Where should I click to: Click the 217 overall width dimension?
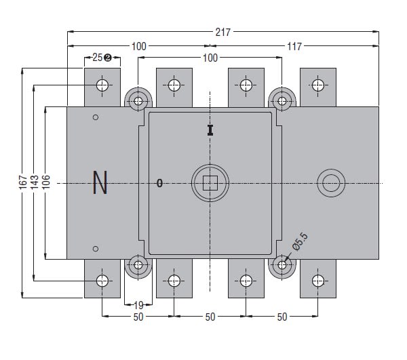223,31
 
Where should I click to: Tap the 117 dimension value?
294,46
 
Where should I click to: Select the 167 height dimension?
23,182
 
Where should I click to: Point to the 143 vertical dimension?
35,182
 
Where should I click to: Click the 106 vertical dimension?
46,182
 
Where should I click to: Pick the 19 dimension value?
138,305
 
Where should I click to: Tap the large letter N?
100,183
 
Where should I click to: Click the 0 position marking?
159,183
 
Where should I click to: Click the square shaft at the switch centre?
210,182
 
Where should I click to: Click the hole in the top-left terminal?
102,85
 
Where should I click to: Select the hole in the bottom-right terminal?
317,280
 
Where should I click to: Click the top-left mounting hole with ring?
139,101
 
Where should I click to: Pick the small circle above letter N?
96,117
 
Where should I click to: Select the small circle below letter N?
96,248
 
